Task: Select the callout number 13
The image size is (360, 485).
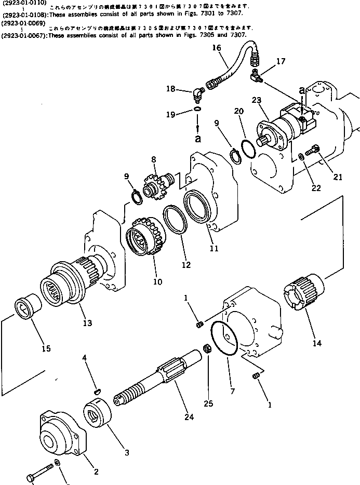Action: click(87, 323)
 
